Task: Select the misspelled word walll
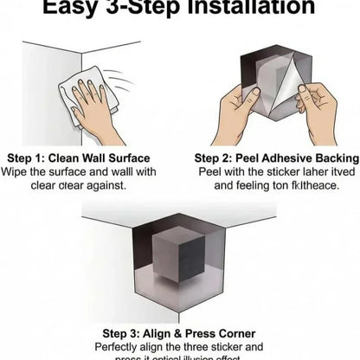pos(130,172)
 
